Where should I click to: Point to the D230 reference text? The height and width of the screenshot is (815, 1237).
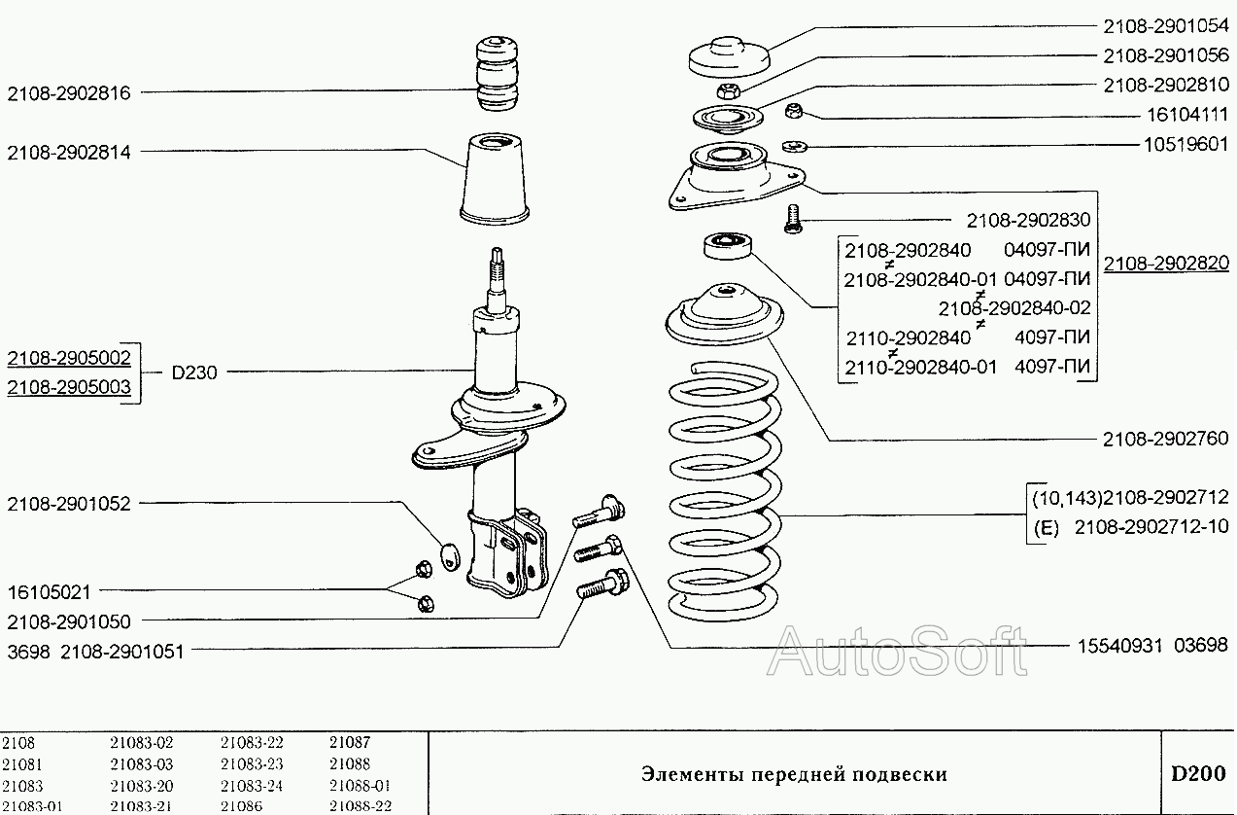click(x=194, y=372)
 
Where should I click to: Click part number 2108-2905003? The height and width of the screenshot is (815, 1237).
click(x=69, y=386)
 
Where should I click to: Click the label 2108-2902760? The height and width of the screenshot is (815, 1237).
click(x=1165, y=439)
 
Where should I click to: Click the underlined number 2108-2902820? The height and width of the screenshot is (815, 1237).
click(x=1165, y=263)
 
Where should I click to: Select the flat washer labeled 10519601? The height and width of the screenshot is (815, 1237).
click(x=792, y=147)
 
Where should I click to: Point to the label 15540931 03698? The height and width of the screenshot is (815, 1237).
click(x=1151, y=645)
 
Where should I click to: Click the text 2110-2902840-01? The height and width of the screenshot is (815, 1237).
click(x=920, y=368)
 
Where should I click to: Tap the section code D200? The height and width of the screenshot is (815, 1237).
click(x=1197, y=774)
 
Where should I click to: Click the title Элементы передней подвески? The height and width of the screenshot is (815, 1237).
click(x=793, y=775)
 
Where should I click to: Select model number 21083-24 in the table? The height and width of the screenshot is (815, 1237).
click(x=251, y=786)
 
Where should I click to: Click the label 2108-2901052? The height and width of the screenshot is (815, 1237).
click(x=68, y=504)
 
